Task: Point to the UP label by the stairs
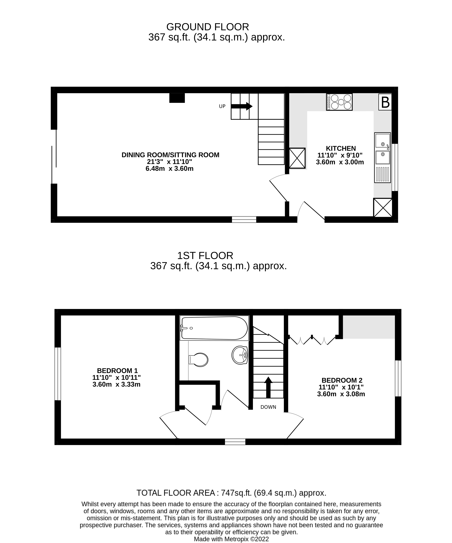click(x=222, y=106)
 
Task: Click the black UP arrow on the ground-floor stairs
click(x=241, y=106)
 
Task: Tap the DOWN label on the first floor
click(x=268, y=407)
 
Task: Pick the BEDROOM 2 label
click(x=342, y=380)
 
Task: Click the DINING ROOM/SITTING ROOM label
click(x=171, y=155)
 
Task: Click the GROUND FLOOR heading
click(x=208, y=27)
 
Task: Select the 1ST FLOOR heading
click(x=205, y=256)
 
